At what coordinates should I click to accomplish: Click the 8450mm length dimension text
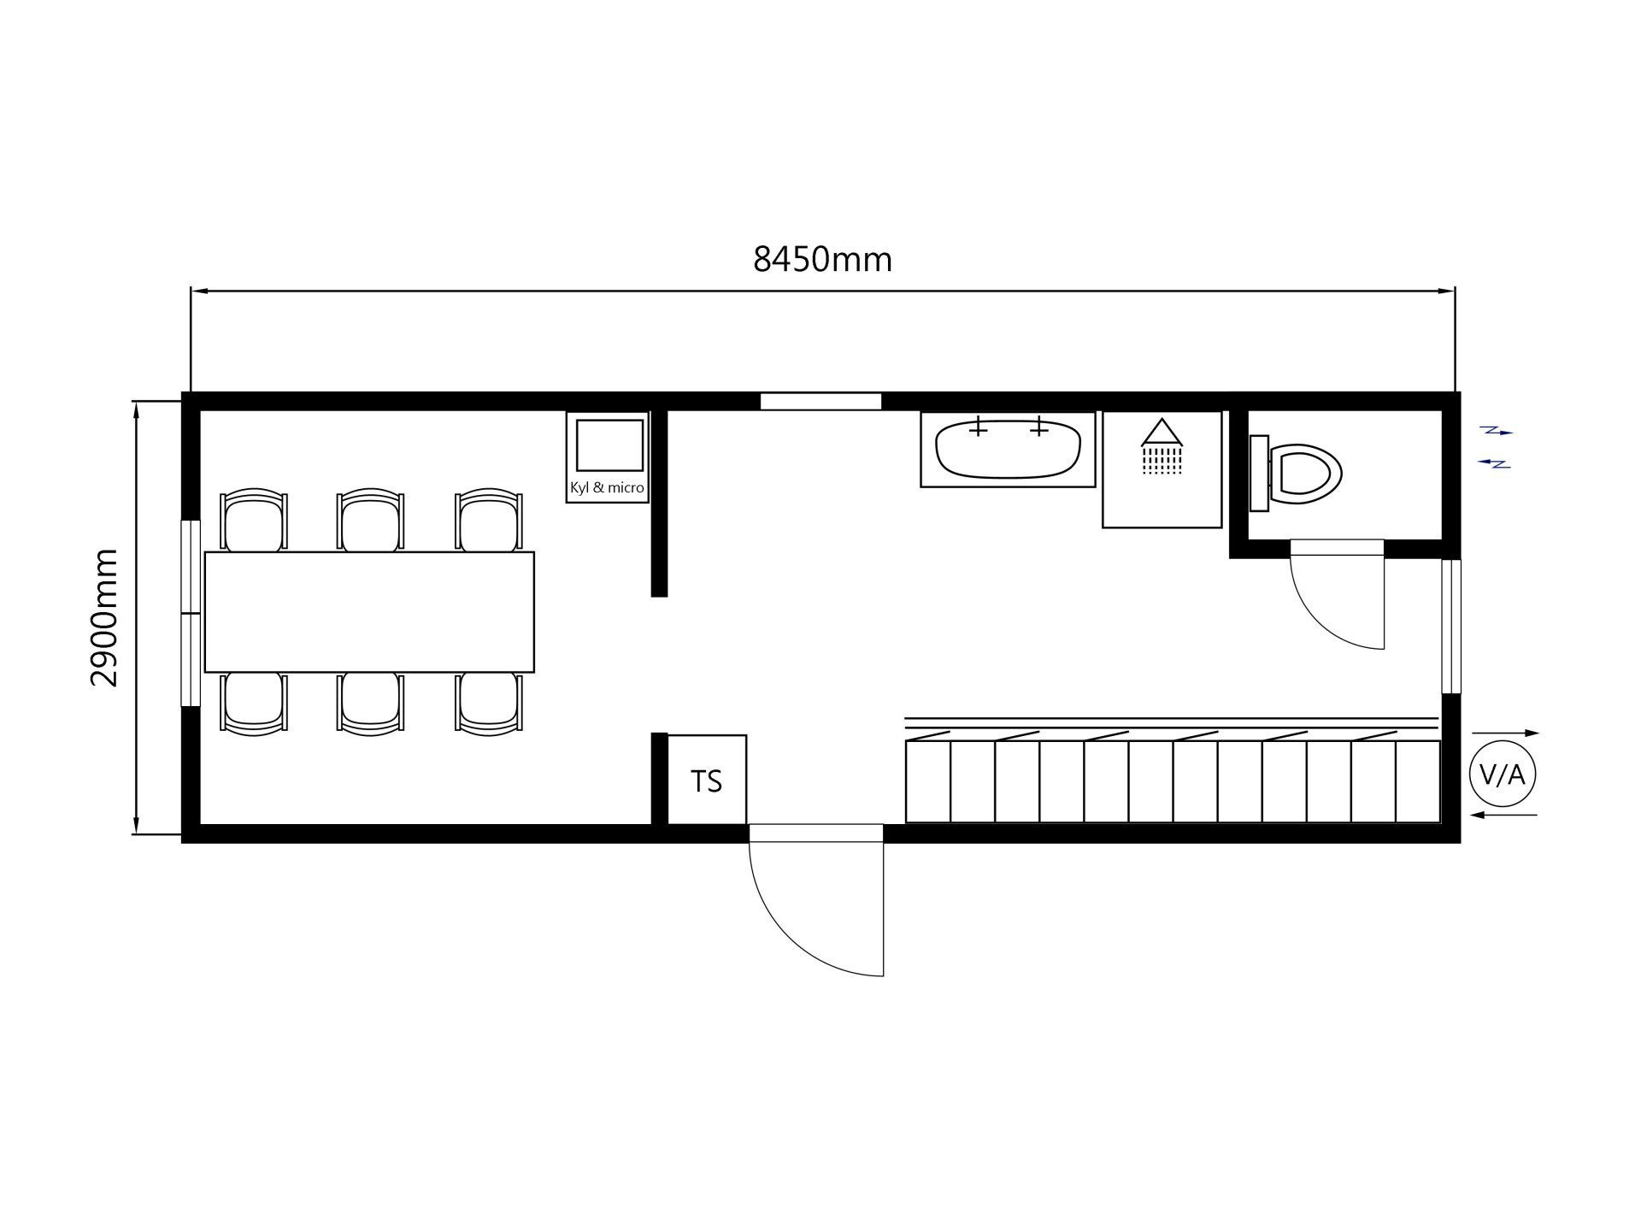coord(822,258)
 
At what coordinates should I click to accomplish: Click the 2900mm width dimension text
coord(104,617)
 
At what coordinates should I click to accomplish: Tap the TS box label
coord(707,781)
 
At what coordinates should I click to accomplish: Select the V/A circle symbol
coord(1503,775)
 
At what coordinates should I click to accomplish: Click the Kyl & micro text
coord(607,488)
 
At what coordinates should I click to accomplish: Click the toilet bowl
coord(1306,470)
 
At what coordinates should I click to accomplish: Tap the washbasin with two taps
coord(1008,449)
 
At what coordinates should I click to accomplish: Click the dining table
coord(369,612)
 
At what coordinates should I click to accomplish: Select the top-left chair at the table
coord(254,520)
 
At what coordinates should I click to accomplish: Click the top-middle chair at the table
coord(370,520)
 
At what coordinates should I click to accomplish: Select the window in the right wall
coord(1450,627)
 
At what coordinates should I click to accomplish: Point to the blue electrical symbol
coord(1496,447)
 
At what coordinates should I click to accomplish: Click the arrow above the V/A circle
coord(1505,733)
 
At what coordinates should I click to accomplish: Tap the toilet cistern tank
coord(1259,473)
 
